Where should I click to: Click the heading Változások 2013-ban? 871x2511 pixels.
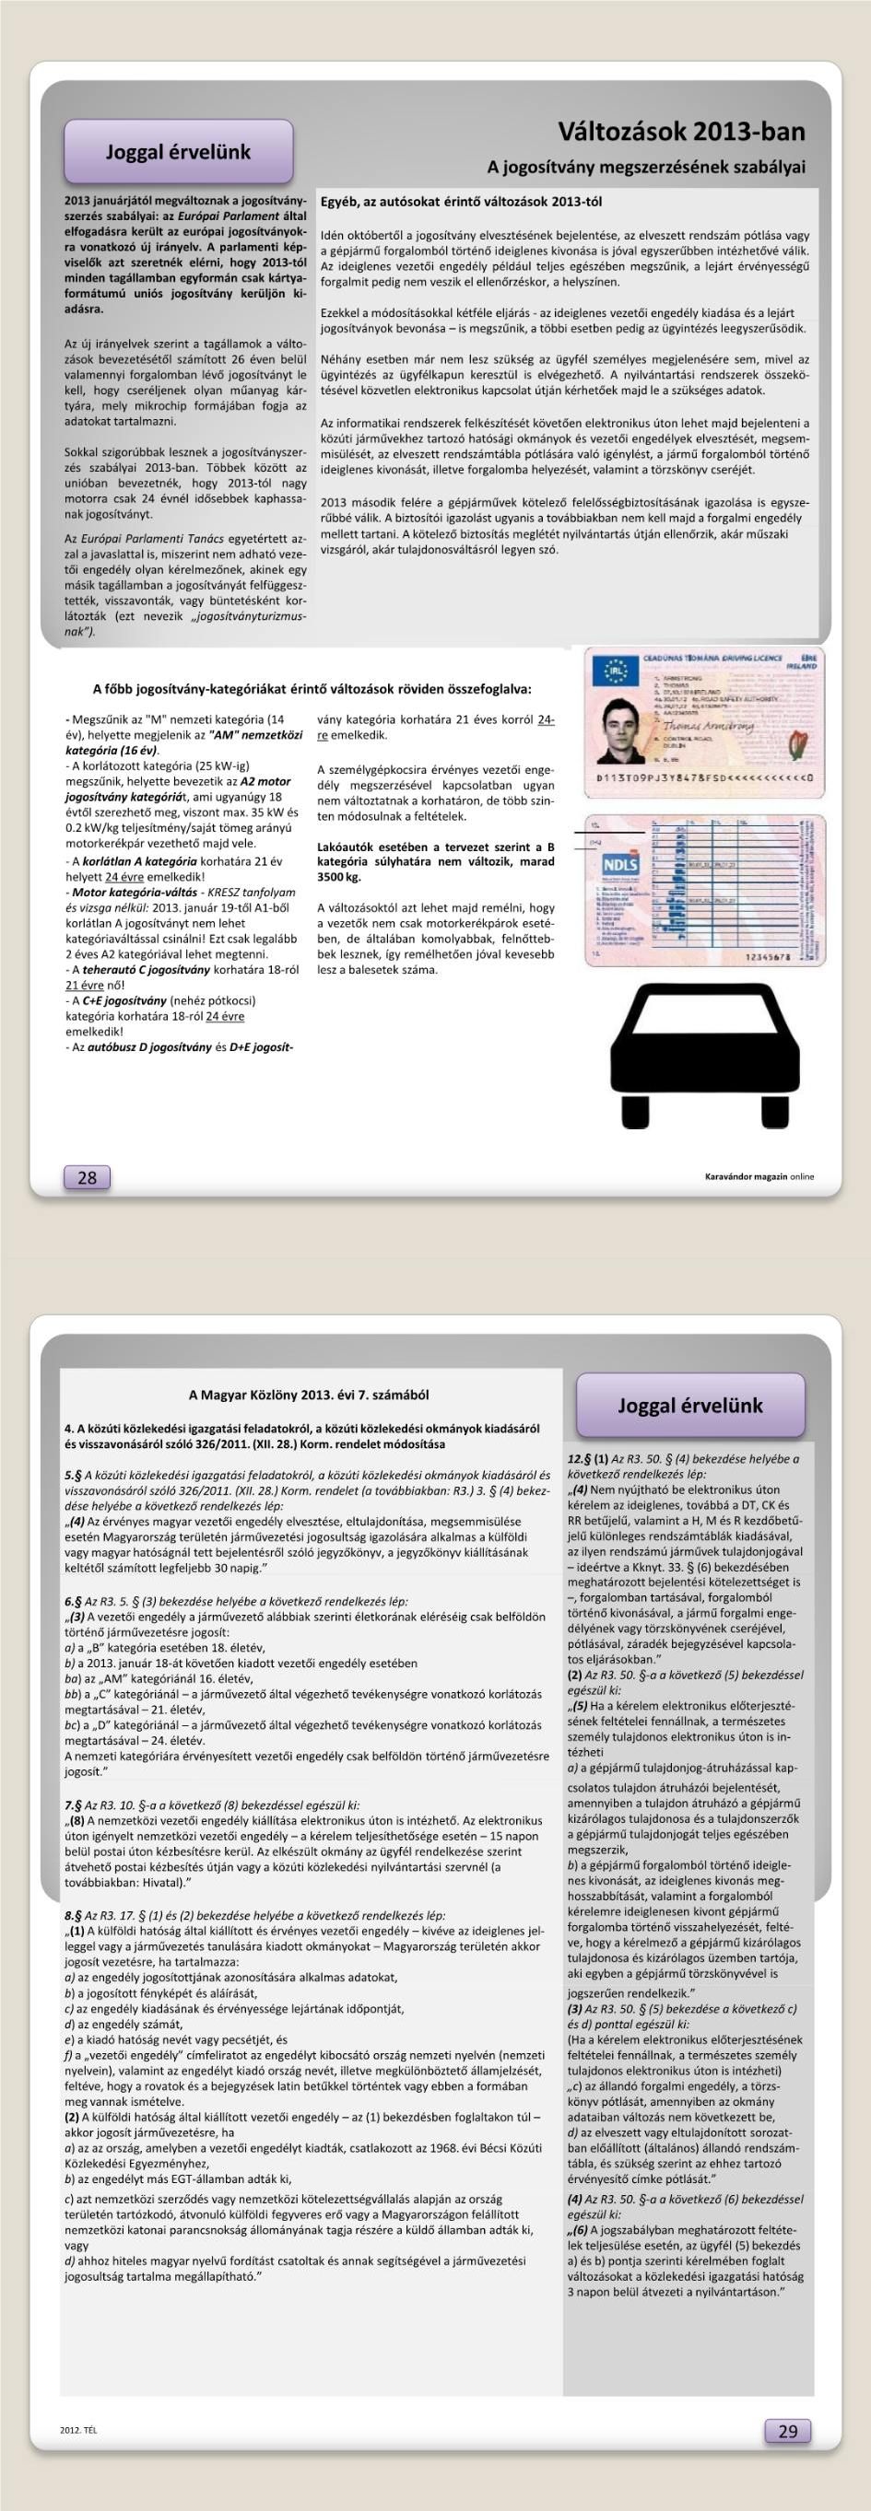[x=681, y=132]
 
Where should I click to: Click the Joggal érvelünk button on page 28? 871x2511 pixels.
[x=179, y=152]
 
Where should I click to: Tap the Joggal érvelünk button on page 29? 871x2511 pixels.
[x=690, y=1405]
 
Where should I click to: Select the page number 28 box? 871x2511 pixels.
[x=87, y=1177]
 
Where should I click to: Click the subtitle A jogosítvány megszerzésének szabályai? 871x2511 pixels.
[x=646, y=167]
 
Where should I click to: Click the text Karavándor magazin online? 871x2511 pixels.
[x=759, y=1176]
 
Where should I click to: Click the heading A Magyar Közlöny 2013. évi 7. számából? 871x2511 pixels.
[x=308, y=1395]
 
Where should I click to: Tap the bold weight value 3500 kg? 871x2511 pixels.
[x=339, y=877]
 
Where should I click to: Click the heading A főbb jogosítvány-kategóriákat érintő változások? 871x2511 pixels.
[x=312, y=688]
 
